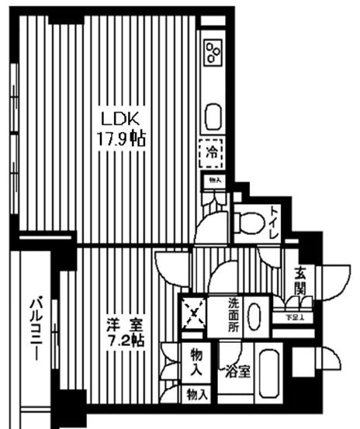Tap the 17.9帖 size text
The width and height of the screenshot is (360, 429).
coord(121,140)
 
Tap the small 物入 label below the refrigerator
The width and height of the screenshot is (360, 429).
coord(212,180)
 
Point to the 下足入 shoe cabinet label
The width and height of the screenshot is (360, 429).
coord(292,317)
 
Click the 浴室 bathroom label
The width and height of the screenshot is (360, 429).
coord(237,371)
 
